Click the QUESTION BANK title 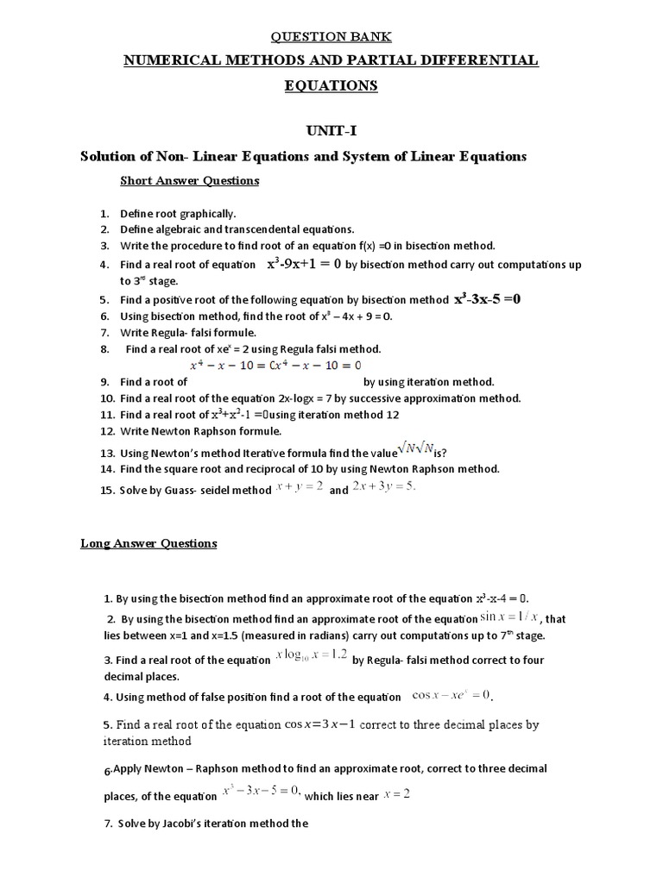332,36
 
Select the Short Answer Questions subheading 189,180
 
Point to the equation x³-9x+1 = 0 305,265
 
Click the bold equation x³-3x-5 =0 488,299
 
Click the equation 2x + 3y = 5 384,487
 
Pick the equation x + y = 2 300,487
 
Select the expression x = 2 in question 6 396,795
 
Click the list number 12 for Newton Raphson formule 107,430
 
